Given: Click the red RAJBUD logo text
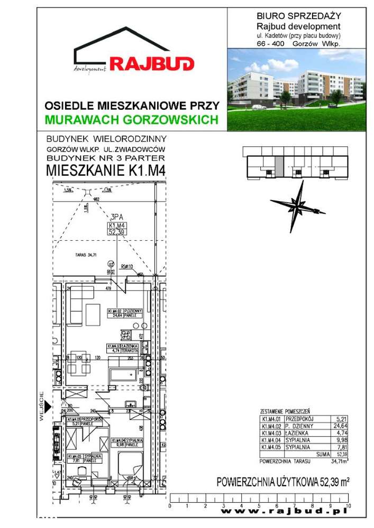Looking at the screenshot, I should (152, 64).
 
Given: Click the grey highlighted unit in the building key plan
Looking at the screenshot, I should (280, 163).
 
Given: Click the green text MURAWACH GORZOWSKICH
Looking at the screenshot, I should (132, 120).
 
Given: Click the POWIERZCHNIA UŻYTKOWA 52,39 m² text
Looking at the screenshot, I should (284, 482).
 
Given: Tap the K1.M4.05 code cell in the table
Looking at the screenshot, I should (271, 447).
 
